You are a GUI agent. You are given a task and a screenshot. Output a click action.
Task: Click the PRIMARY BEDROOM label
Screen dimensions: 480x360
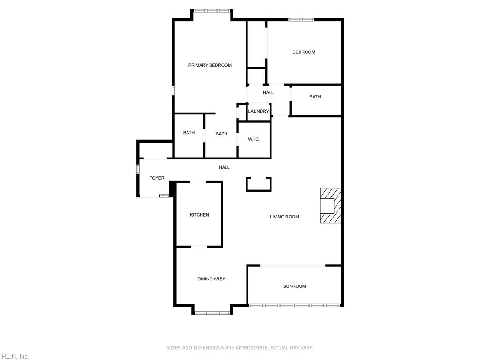(x=210, y=65)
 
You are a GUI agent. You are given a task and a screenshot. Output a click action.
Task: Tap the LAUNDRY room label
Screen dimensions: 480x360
(x=258, y=111)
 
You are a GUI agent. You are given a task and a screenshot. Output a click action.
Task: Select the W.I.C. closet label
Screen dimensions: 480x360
(x=254, y=139)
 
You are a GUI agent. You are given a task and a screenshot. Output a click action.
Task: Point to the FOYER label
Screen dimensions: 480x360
(x=157, y=178)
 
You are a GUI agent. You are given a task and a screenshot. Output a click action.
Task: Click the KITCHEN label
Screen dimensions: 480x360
(x=199, y=215)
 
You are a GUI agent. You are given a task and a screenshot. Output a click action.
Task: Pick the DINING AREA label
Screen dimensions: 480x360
(x=211, y=279)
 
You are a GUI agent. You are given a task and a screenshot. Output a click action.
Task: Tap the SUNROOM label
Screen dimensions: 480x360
(x=294, y=286)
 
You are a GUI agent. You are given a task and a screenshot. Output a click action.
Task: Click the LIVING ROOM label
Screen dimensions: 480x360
(x=285, y=217)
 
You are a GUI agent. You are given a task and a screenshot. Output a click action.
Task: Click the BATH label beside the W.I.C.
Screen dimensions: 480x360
(x=222, y=134)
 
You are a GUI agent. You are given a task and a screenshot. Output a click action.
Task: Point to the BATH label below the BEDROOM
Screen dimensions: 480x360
(x=315, y=97)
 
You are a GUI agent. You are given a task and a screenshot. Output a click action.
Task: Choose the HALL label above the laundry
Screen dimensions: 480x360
(x=269, y=92)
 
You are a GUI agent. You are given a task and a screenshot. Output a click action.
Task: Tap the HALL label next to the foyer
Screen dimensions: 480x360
(x=224, y=167)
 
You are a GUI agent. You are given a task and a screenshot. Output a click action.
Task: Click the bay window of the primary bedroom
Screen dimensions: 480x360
(x=212, y=11)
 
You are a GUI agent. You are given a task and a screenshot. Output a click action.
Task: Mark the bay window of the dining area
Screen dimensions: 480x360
(x=212, y=313)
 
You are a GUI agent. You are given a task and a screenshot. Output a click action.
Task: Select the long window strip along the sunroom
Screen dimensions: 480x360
(x=294, y=305)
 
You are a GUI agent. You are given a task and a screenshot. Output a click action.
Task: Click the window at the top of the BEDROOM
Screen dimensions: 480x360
(x=301, y=20)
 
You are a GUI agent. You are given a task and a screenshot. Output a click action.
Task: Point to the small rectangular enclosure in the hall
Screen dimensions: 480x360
(x=259, y=184)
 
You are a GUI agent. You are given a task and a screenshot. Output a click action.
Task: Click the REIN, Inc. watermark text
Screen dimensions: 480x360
(x=15, y=356)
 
